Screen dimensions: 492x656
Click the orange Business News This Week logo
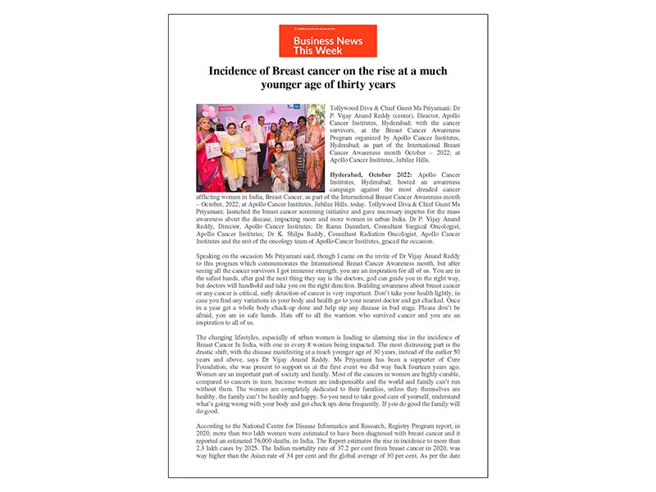pos(327,41)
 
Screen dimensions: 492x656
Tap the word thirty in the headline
pos(353,84)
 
